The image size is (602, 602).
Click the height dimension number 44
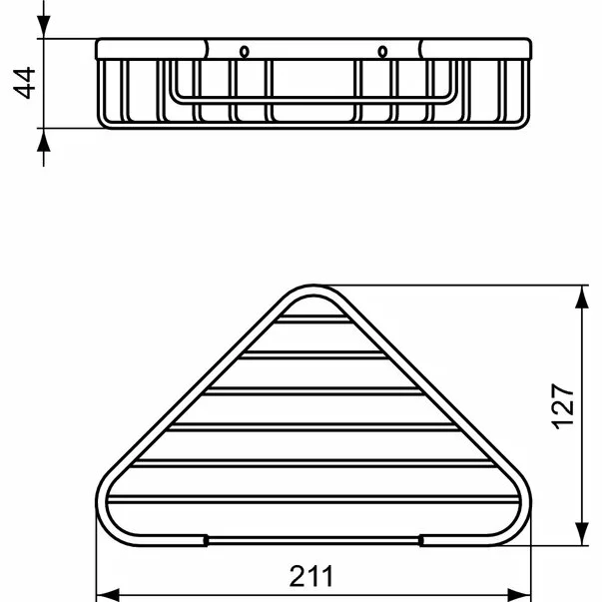tap(25, 84)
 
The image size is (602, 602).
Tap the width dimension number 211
tap(312, 577)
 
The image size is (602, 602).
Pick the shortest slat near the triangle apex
tap(312, 319)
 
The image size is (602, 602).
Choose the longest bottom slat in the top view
tap(312, 498)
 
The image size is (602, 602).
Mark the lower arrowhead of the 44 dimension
tap(44, 140)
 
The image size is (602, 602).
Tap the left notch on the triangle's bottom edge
tap(206, 540)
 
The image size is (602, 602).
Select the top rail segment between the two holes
tap(312, 49)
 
